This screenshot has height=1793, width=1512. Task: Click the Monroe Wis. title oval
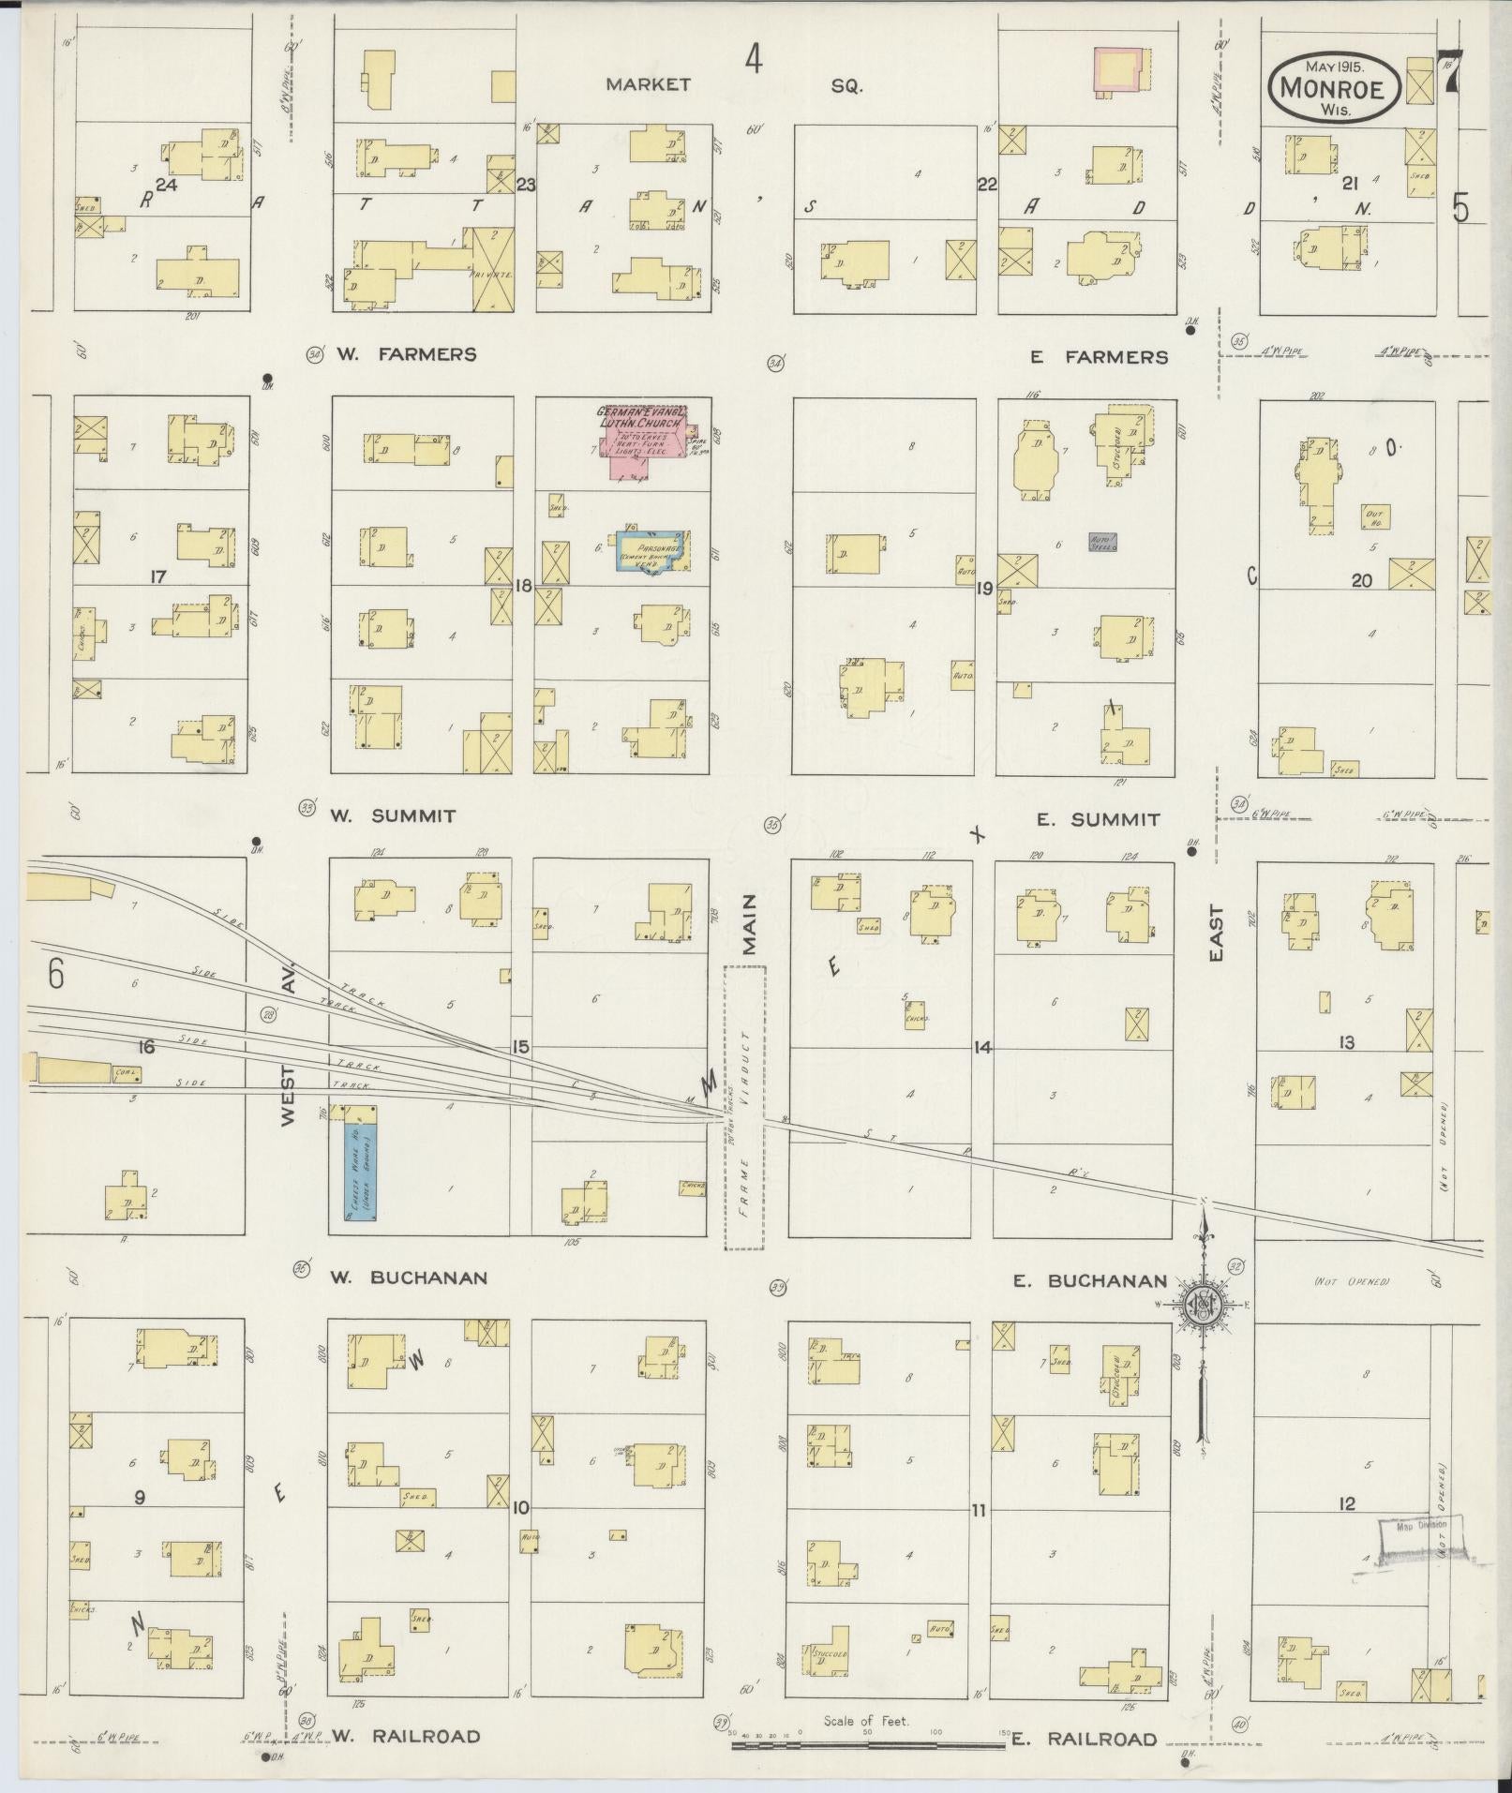point(1334,87)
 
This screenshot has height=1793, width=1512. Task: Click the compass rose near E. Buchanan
point(1204,1305)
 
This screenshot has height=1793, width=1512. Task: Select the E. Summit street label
point(1098,819)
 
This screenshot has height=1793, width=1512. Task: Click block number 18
point(523,586)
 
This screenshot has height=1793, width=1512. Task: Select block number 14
point(981,1048)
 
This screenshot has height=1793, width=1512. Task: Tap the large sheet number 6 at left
point(55,975)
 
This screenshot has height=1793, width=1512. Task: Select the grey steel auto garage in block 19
point(1102,542)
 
